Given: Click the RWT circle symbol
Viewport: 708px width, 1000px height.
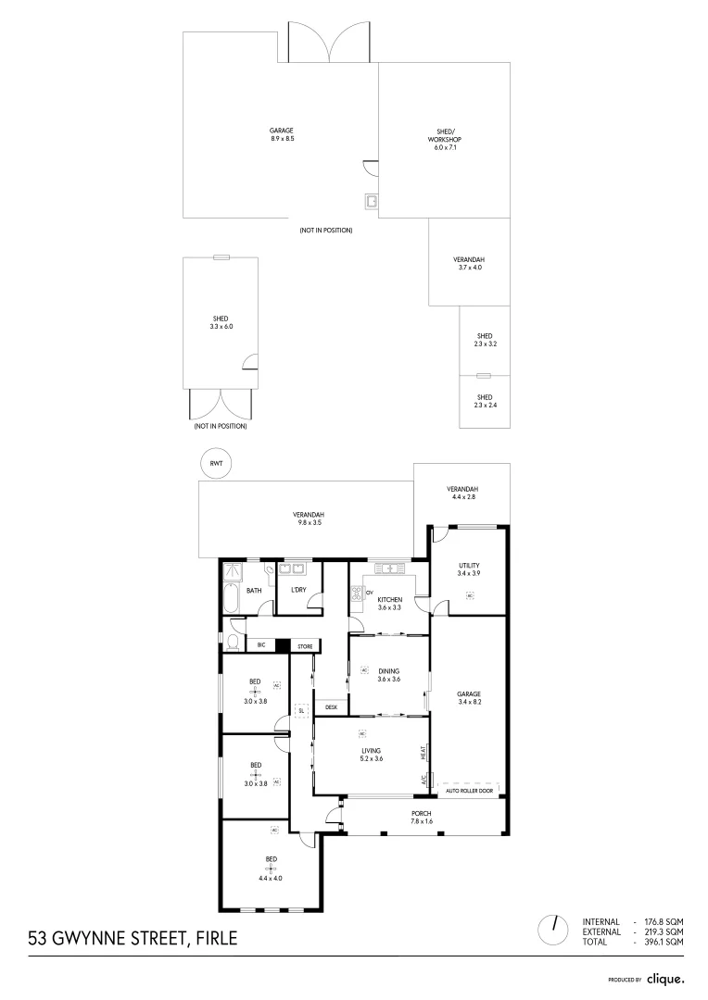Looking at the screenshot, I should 215,464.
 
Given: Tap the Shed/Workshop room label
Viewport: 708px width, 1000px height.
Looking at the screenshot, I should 445,135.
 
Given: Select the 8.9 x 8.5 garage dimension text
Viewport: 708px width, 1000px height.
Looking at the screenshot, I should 282,139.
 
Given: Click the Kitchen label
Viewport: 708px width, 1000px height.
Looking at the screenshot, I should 389,600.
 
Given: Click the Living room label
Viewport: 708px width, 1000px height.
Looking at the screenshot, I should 372,750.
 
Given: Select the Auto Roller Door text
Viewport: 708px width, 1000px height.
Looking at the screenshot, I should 469,791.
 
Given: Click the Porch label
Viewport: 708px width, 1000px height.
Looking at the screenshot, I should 422,813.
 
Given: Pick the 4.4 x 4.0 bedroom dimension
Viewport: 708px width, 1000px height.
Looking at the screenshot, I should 272,878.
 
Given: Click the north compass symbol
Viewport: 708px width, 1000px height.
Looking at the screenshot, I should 554,929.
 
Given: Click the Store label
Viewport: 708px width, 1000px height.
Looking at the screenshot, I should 305,645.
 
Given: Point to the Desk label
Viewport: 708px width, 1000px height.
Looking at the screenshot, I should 331,706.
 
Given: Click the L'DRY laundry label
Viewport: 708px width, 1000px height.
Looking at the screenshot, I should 298,590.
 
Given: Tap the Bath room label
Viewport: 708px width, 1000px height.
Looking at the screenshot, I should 253,590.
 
